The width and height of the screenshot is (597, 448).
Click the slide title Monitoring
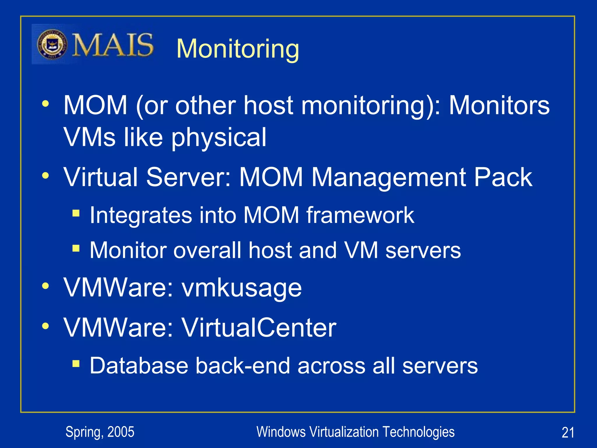coord(238,49)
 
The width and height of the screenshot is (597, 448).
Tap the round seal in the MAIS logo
coord(52,45)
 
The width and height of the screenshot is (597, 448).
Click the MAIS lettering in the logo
coord(113,45)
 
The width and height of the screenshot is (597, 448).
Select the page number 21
coord(568,433)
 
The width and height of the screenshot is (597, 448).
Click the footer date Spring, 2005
coord(100,432)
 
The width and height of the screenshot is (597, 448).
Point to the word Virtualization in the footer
coord(344,432)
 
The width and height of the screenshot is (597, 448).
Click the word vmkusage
coord(242,288)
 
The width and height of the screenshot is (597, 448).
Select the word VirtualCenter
coord(259,328)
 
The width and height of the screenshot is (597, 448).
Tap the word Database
coord(139,365)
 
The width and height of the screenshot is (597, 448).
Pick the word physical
coord(219,137)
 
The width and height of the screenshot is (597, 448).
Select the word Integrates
coord(141,215)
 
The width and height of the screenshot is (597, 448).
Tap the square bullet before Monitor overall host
coord(76,249)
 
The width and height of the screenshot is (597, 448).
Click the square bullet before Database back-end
coord(76,363)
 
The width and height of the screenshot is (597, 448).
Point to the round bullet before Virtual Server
coord(45,176)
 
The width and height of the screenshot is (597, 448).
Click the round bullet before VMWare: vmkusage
coord(45,286)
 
